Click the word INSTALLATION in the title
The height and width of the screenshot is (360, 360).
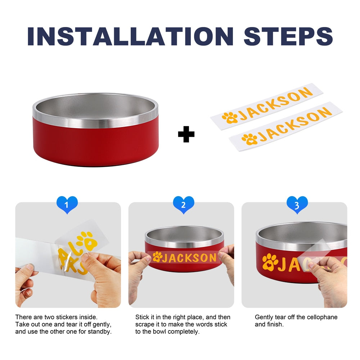130,36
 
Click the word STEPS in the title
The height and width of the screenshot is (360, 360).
288,36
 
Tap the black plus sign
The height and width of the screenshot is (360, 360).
186,134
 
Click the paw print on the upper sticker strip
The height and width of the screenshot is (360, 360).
230,118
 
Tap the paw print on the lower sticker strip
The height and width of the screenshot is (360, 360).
249,139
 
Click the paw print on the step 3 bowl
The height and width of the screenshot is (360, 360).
270,262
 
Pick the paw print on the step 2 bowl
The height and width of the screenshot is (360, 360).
158,257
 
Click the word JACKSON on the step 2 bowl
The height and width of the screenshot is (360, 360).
190,258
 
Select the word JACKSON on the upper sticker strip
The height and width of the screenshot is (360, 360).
275,104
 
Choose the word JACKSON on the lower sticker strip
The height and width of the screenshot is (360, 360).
295,124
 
